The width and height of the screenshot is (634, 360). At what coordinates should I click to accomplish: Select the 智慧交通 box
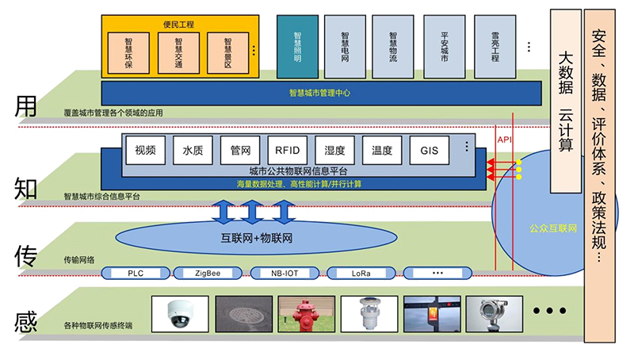(x=178, y=53)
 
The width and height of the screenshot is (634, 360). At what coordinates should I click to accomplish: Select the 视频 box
(x=145, y=149)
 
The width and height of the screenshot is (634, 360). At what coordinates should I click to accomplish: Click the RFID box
(x=286, y=149)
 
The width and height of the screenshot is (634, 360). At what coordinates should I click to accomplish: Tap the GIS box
(x=429, y=149)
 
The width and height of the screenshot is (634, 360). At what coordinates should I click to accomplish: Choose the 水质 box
(x=193, y=149)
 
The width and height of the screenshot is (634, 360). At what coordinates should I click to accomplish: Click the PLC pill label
(x=136, y=273)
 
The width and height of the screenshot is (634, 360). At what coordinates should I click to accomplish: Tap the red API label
(x=505, y=140)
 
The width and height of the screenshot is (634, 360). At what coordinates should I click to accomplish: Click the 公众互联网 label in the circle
(x=552, y=228)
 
